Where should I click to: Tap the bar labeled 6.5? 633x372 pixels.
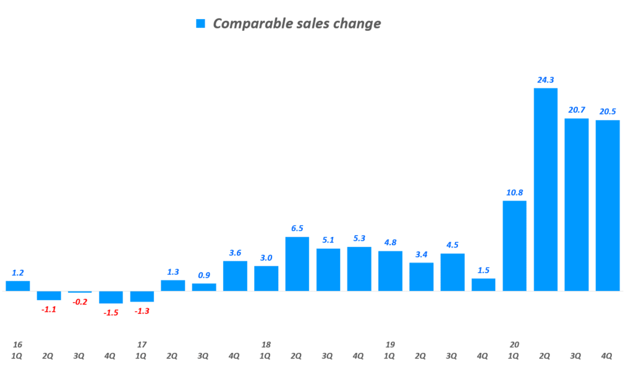(x=297, y=264)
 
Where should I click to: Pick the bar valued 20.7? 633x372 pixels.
(x=576, y=204)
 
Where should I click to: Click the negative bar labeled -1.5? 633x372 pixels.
(x=111, y=297)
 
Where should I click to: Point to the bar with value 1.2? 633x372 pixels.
(x=18, y=286)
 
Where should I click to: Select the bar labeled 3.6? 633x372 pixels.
(x=235, y=276)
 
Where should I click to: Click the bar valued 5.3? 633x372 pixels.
(x=359, y=269)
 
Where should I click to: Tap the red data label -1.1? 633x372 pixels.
(x=48, y=309)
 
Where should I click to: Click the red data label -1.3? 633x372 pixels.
(x=142, y=311)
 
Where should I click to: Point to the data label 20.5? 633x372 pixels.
(x=608, y=111)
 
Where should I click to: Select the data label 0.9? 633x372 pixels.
(x=204, y=275)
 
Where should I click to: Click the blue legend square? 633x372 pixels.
(x=200, y=24)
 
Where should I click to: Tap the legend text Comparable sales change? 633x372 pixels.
(x=297, y=24)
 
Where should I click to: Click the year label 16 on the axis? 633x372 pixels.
(x=17, y=344)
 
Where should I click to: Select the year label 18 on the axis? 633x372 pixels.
(x=266, y=344)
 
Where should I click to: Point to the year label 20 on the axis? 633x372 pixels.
(x=514, y=344)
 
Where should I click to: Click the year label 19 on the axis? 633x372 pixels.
(x=390, y=344)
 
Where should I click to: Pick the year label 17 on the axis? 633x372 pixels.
(x=142, y=344)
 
